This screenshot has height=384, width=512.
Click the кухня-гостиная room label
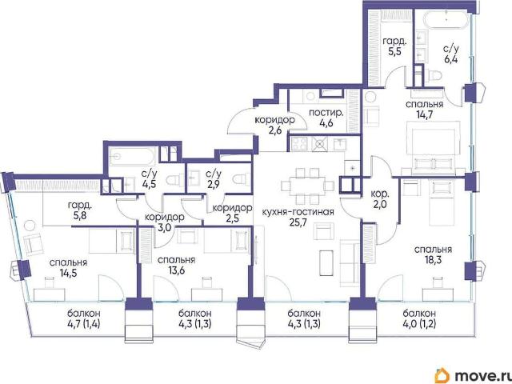coord(298,212)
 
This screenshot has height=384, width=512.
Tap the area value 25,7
coord(298,222)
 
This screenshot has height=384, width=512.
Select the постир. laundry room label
coord(326,114)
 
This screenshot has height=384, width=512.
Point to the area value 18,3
coord(433,260)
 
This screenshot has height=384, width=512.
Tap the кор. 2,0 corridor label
coord(380,199)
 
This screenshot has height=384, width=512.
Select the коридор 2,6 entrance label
coord(275,126)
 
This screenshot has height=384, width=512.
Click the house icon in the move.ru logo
coord(442,375)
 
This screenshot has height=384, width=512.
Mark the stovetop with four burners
coord(299,143)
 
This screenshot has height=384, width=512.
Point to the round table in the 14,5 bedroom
coord(30,226)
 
